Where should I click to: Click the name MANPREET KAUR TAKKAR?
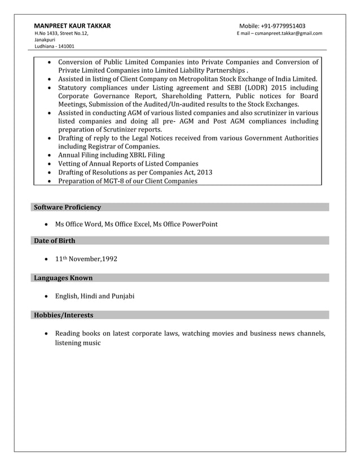tap(72, 26)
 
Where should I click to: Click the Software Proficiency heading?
tap(67, 208)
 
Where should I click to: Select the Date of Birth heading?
tap(54, 241)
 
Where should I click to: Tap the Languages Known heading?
tap(63, 278)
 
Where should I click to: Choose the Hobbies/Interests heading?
tap(63, 315)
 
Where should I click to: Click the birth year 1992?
tap(107, 260)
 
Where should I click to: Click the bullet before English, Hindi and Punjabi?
tap(46, 297)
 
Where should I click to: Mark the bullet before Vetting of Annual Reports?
tap(51, 164)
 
